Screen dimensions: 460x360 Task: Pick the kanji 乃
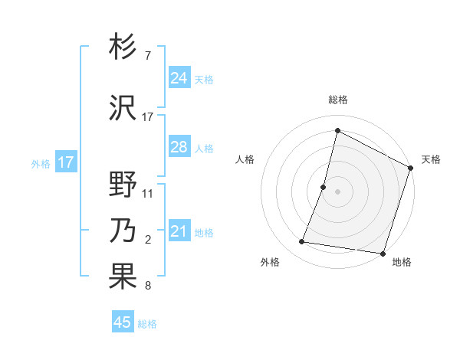click(x=123, y=231)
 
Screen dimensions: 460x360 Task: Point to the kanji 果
click(x=123, y=277)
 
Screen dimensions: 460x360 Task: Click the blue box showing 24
click(x=179, y=78)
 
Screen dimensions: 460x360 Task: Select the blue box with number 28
click(x=179, y=147)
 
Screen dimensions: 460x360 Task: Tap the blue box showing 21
click(x=179, y=231)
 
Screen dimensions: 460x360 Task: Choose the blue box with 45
click(x=123, y=322)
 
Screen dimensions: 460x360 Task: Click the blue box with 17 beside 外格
click(x=65, y=162)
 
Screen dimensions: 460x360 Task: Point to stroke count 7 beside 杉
click(x=147, y=57)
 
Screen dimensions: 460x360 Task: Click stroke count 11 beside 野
click(x=148, y=194)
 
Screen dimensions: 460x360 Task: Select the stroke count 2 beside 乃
click(x=148, y=241)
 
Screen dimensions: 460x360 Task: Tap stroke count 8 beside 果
click(x=147, y=286)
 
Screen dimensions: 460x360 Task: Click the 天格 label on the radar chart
click(x=431, y=159)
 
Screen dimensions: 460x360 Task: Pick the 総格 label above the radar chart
click(x=338, y=100)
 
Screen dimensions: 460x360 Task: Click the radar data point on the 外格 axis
click(x=302, y=242)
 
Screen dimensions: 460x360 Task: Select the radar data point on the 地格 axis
click(x=383, y=254)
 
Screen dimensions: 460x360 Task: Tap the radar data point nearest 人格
click(x=324, y=187)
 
